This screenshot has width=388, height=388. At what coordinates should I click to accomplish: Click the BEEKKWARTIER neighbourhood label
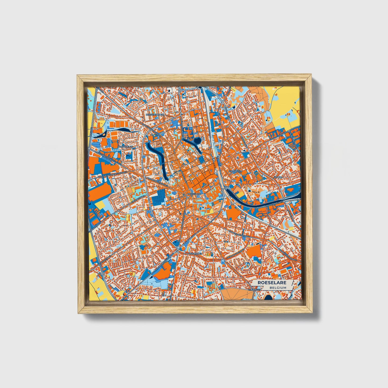[154, 114]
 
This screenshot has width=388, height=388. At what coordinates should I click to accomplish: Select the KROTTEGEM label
[235, 171]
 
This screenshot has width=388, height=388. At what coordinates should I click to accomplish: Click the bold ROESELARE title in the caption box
[272, 283]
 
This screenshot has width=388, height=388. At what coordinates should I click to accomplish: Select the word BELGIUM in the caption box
[278, 288]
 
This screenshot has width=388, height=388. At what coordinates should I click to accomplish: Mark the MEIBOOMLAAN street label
[163, 263]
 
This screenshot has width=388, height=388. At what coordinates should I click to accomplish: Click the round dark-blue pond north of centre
[197, 140]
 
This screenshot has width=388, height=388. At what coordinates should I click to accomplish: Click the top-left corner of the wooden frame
[77, 76]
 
